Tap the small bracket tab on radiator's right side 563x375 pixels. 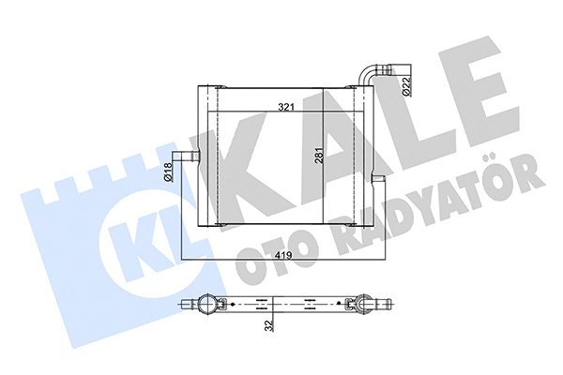pos(375,178)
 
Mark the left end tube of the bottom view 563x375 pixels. pos(186,303)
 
